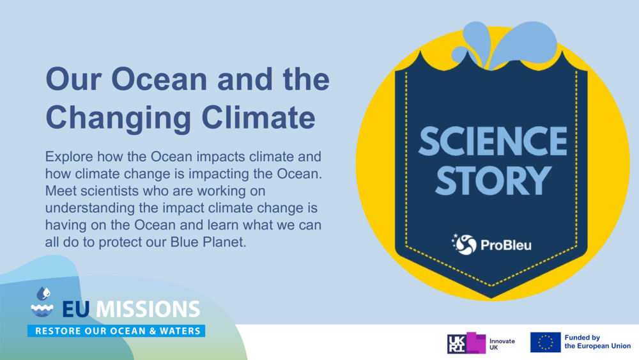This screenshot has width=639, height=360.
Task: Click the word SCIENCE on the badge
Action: click(492, 141)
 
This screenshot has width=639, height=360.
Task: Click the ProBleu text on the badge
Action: click(505, 245)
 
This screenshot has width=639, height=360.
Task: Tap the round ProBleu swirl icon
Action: click(466, 244)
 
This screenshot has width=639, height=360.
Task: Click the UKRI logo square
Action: click(466, 343)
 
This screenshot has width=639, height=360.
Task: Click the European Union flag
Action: click(545, 343)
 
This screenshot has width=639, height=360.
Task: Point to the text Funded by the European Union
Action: click(597, 342)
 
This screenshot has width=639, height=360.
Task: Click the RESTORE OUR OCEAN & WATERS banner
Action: click(116, 331)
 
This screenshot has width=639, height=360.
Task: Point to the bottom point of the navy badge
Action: click(491, 295)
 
